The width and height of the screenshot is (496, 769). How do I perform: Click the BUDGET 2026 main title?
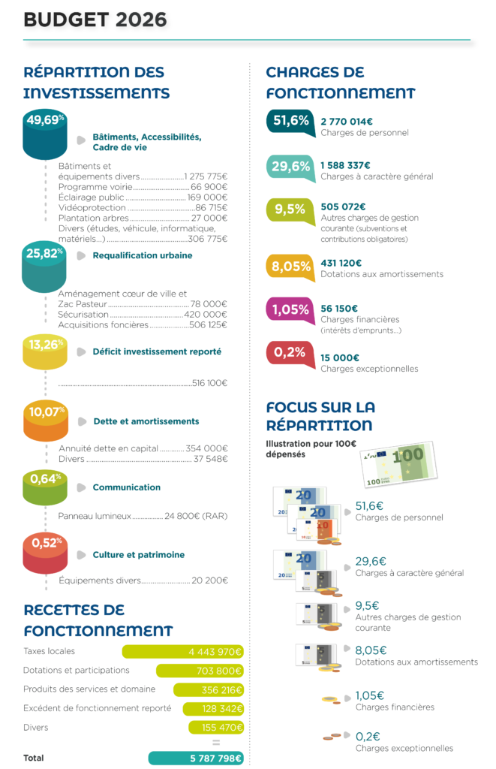95,20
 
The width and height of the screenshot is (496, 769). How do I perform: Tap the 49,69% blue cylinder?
44,134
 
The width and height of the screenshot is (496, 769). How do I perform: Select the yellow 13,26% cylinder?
44,352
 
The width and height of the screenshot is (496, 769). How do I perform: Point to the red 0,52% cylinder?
45,553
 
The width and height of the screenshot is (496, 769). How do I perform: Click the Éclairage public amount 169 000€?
207,198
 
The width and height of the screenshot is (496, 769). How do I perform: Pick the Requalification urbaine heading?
142,255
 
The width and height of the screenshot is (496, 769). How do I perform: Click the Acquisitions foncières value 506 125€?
209,324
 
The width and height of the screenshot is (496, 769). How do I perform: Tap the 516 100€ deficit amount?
210,383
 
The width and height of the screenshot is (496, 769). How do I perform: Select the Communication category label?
127,487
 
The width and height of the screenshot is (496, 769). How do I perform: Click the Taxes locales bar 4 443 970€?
183,652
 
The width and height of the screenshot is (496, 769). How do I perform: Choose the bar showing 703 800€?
200,671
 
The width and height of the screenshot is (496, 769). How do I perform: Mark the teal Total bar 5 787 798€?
196,758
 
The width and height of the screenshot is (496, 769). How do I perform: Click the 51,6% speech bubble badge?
290,122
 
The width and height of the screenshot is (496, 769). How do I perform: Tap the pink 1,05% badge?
290,311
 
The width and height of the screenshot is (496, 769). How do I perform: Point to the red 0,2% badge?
290,354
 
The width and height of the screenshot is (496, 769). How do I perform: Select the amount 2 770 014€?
347,122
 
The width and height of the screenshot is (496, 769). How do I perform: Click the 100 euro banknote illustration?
398,464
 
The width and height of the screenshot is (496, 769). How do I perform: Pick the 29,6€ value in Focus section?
371,561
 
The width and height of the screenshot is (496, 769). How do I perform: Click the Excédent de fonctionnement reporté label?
97,708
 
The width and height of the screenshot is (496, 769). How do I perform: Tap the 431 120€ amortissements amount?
341,264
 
